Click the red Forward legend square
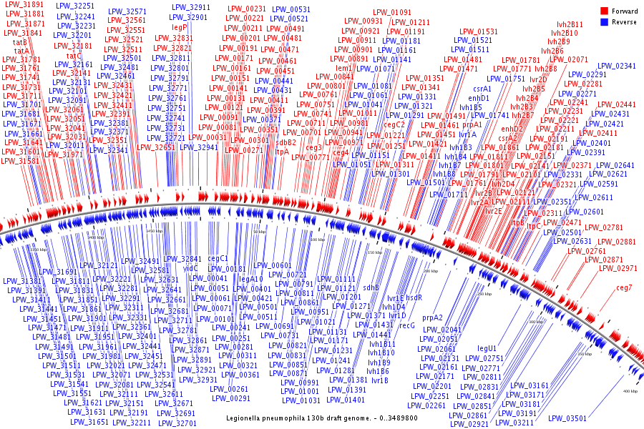[605, 11]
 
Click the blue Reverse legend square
[605, 21]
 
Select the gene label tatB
[21, 42]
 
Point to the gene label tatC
[74, 56]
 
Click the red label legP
[180, 27]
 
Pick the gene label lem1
[344, 67]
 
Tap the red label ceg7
[624, 287]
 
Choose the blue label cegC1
[218, 258]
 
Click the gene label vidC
[190, 268]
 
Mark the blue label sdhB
[371, 287]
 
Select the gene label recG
[406, 325]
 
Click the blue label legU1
[487, 348]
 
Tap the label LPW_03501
[566, 418]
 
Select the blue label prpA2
[432, 317]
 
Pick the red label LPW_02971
[618, 268]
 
